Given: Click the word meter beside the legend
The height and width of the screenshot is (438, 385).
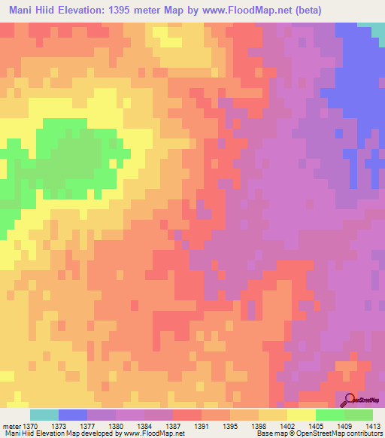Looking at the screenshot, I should [13, 427].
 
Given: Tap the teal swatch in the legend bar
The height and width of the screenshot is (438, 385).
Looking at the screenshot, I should [44, 415].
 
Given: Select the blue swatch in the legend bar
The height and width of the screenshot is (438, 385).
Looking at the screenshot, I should [73, 415].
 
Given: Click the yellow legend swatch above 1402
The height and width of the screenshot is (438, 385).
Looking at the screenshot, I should [302, 415].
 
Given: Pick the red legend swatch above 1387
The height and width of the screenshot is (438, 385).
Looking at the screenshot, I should [187, 415].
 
